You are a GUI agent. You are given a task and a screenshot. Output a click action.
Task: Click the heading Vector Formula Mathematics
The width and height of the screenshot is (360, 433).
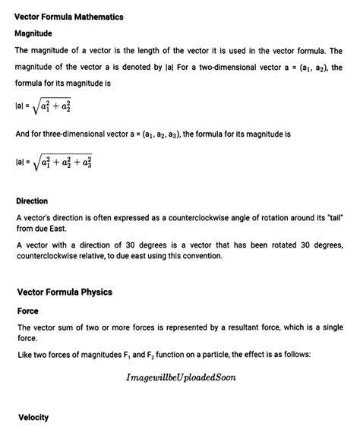coord(69,16)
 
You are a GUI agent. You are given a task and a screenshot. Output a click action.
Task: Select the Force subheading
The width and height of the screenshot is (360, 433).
coord(27,310)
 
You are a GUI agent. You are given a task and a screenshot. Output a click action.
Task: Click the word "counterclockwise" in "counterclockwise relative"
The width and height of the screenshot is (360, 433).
coord(52,255)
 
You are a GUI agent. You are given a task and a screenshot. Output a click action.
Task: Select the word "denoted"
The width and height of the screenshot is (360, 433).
coord(124,68)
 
